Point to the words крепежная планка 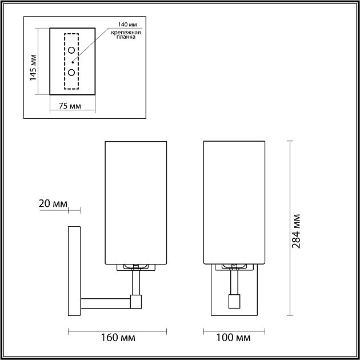126,38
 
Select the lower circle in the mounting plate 72,72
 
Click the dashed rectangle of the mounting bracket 65,61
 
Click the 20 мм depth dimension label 53,203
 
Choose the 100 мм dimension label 235,338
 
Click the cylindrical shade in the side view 135,203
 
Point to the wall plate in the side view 74,271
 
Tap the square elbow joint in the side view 136,301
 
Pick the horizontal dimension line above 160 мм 117,330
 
